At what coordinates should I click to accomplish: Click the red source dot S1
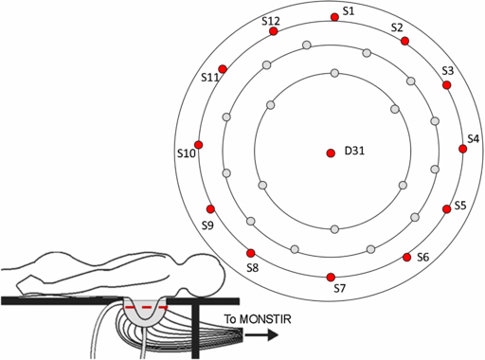tap(333, 17)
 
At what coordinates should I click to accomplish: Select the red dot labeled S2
tap(404, 42)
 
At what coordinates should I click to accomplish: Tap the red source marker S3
tap(447, 85)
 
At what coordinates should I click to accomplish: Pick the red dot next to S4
tap(463, 149)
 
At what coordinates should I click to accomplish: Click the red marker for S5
tap(447, 209)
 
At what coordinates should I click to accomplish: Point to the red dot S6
tap(407, 257)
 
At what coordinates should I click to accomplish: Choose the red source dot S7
tap(331, 277)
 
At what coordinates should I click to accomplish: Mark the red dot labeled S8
tap(251, 253)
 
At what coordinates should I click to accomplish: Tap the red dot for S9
tap(210, 208)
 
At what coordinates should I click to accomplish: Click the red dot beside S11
tap(223, 68)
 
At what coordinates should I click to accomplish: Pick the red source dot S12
tap(274, 31)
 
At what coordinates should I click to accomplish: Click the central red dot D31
tap(331, 153)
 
